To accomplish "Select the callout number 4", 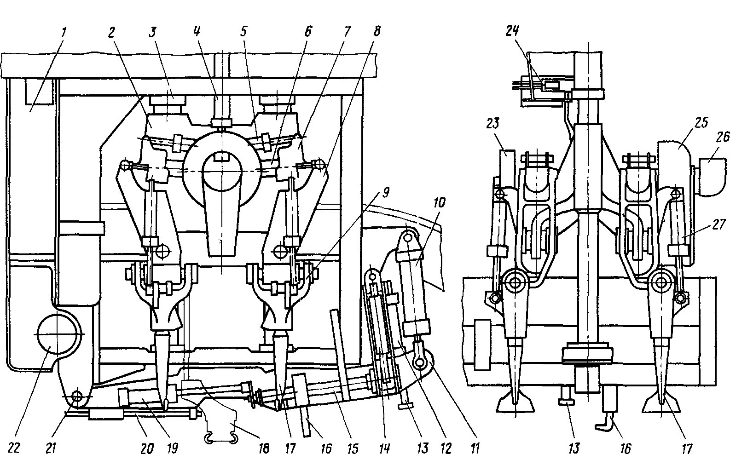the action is (197, 31).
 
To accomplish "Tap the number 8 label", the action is (377, 31).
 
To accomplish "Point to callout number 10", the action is (439, 203).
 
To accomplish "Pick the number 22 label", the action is (14, 448).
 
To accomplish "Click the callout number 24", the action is (512, 30).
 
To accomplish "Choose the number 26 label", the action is (722, 137).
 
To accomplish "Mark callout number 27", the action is (718, 224).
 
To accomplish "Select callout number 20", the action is (147, 448).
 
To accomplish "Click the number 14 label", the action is (384, 448).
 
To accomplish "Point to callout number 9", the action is (385, 193).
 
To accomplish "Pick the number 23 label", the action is (492, 123).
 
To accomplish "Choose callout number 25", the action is (701, 123).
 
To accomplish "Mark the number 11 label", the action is (475, 448).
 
